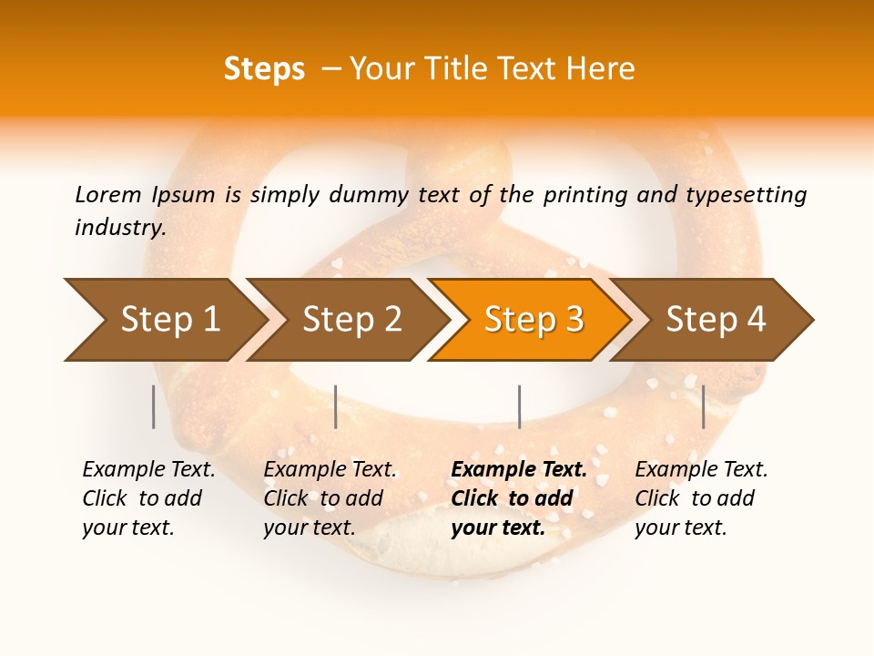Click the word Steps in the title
point(264,68)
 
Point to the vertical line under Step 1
point(154,406)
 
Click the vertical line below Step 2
point(336,406)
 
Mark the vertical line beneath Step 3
point(520,406)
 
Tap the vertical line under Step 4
point(704,406)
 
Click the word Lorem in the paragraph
point(108,194)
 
